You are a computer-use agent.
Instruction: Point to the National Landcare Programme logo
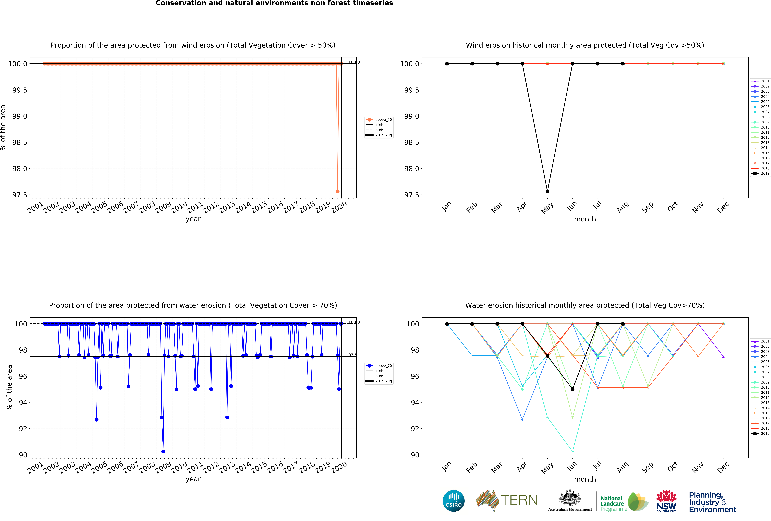coord(624,501)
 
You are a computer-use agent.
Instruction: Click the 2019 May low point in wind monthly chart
coord(547,191)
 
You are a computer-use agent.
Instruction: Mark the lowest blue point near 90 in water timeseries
coord(163,451)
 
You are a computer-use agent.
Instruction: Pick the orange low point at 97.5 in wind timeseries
coord(337,191)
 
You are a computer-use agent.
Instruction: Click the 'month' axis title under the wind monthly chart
coord(585,219)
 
